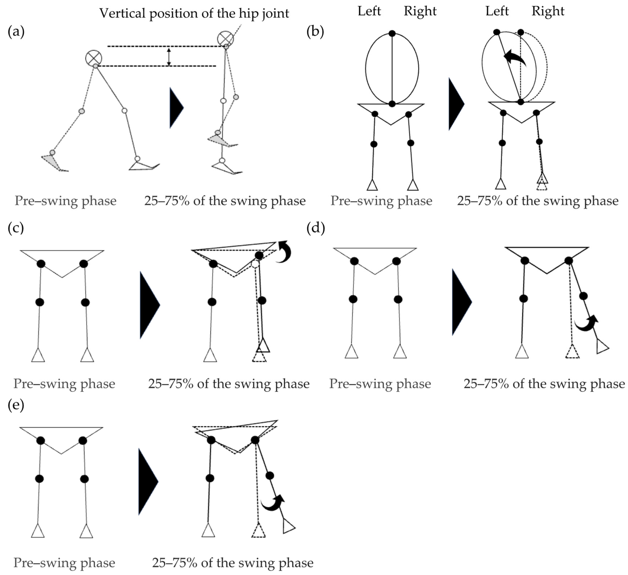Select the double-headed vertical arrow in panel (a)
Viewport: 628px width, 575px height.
click(169, 57)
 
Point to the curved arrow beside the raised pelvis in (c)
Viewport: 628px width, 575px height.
click(284, 252)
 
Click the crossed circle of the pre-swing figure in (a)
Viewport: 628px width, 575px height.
click(94, 58)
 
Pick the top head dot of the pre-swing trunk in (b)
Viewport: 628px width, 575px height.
click(392, 33)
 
